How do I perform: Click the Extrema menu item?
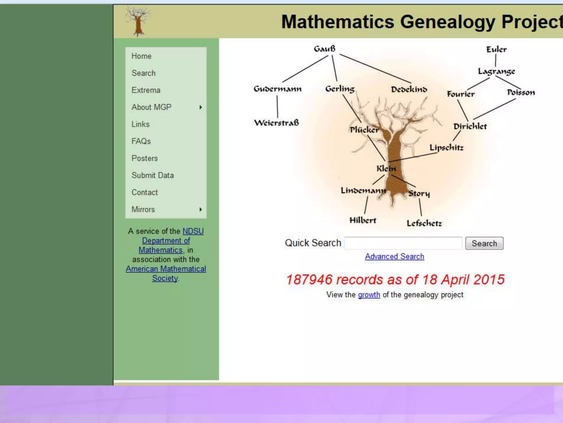click(x=146, y=90)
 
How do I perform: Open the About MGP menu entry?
click(x=151, y=107)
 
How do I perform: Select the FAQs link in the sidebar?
click(x=141, y=141)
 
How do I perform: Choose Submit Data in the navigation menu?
click(x=153, y=175)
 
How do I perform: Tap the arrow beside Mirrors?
click(x=201, y=210)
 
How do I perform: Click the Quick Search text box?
click(x=403, y=243)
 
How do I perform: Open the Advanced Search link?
click(x=394, y=256)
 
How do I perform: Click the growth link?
click(x=369, y=295)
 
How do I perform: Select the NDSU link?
click(x=193, y=231)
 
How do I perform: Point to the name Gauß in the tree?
click(x=325, y=49)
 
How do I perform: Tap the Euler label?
click(x=496, y=50)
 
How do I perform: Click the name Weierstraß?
click(x=276, y=123)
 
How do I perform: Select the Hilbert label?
click(x=363, y=220)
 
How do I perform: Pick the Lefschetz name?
click(x=424, y=223)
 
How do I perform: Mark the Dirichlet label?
click(x=470, y=126)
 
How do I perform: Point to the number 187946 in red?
click(x=309, y=280)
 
